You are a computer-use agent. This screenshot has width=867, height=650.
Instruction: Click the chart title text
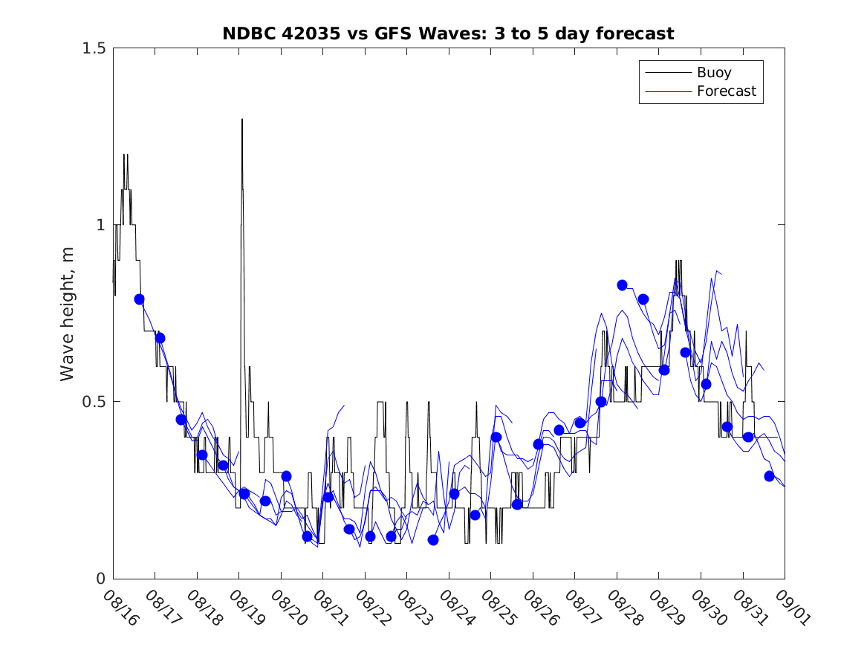[448, 33]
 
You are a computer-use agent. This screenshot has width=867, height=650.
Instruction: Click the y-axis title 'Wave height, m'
[68, 313]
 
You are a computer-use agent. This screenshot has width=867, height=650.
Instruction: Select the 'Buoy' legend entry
[713, 73]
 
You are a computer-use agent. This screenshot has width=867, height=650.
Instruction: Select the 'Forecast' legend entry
[726, 91]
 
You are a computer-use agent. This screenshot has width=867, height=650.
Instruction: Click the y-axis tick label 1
[100, 225]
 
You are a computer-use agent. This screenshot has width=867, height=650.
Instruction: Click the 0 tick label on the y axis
[100, 579]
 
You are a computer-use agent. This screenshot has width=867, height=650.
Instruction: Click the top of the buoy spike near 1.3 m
[242, 120]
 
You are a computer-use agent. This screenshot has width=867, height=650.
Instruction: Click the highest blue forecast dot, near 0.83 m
[623, 285]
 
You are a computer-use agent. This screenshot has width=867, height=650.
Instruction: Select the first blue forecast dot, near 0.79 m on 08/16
[139, 299]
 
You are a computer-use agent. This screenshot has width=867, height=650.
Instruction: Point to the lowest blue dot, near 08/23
[433, 540]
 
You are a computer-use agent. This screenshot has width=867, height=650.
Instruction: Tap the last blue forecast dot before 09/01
[769, 476]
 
